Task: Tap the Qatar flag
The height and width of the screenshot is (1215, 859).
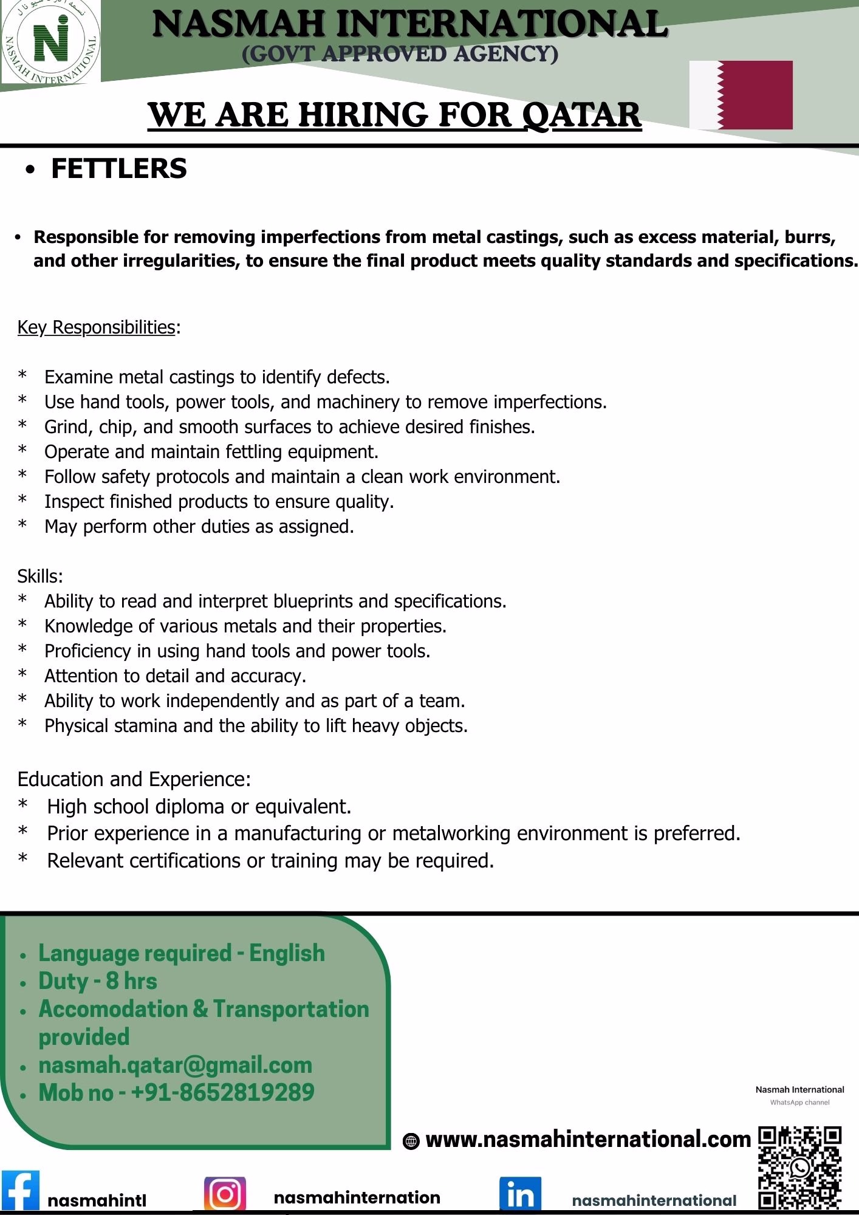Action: pyautogui.click(x=741, y=95)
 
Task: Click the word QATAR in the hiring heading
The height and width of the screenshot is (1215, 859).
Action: pyautogui.click(x=581, y=114)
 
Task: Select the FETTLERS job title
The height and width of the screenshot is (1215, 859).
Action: pyautogui.click(x=118, y=168)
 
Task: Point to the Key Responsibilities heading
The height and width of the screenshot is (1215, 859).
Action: pyautogui.click(x=97, y=327)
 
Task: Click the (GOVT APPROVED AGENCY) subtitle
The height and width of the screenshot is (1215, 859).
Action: pyautogui.click(x=400, y=54)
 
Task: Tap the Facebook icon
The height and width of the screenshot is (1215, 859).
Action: pyautogui.click(x=20, y=1190)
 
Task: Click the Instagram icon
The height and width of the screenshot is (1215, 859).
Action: pyautogui.click(x=225, y=1194)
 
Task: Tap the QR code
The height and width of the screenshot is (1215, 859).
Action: pyautogui.click(x=800, y=1167)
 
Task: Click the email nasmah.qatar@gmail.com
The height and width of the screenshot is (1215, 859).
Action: pyautogui.click(x=175, y=1065)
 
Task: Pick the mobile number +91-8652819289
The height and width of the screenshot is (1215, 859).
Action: pyautogui.click(x=176, y=1092)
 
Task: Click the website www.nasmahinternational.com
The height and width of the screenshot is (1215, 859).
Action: pyautogui.click(x=588, y=1139)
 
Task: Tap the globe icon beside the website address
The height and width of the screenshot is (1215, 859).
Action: pyautogui.click(x=411, y=1142)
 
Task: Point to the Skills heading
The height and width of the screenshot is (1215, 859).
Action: pyautogui.click(x=40, y=576)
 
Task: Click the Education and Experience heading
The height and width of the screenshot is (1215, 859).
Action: pyautogui.click(x=134, y=779)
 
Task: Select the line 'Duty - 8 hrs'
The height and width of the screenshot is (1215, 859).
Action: pyautogui.click(x=97, y=981)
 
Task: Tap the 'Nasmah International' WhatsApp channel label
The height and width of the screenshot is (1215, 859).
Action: pyautogui.click(x=799, y=1089)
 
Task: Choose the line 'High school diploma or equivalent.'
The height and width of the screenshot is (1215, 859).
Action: pyautogui.click(x=199, y=807)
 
